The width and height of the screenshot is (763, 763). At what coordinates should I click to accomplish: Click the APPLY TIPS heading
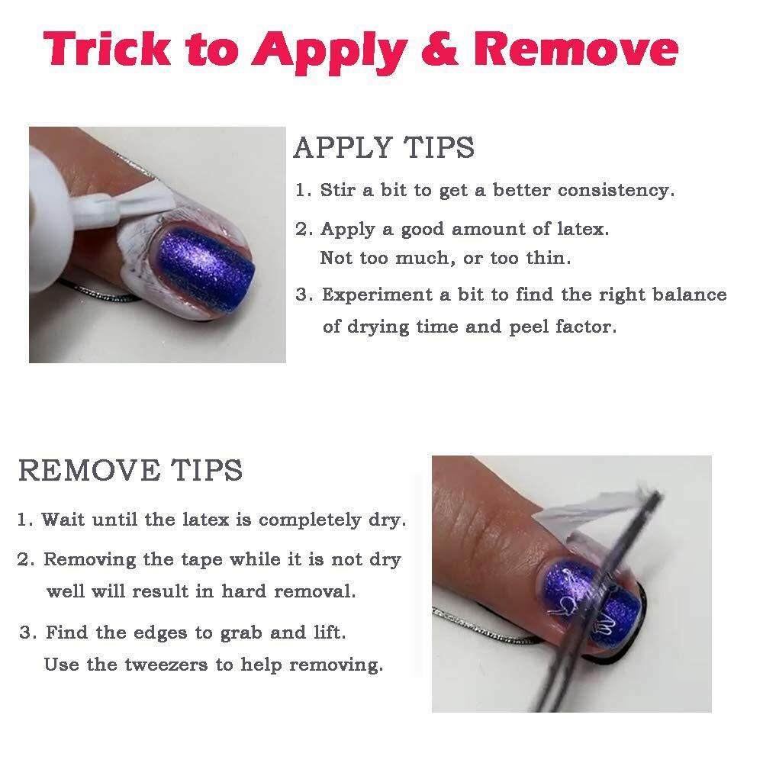pyautogui.click(x=384, y=147)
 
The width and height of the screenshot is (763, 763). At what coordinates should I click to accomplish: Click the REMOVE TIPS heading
pyautogui.click(x=130, y=470)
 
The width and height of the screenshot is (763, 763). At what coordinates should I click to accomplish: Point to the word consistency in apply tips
pyautogui.click(x=616, y=190)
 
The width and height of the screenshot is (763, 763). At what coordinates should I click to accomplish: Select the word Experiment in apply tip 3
pyautogui.click(x=377, y=295)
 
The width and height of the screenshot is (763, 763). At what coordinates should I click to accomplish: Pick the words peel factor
pyautogui.click(x=563, y=327)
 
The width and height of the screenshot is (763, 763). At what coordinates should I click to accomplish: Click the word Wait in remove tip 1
pyautogui.click(x=63, y=520)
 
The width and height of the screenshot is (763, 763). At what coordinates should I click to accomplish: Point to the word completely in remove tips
pyautogui.click(x=311, y=520)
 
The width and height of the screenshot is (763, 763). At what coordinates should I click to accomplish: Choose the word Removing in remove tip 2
pyautogui.click(x=89, y=560)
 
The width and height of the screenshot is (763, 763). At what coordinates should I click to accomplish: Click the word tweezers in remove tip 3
pyautogui.click(x=166, y=665)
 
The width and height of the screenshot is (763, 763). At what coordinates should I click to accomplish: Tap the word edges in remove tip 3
pyautogui.click(x=160, y=633)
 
